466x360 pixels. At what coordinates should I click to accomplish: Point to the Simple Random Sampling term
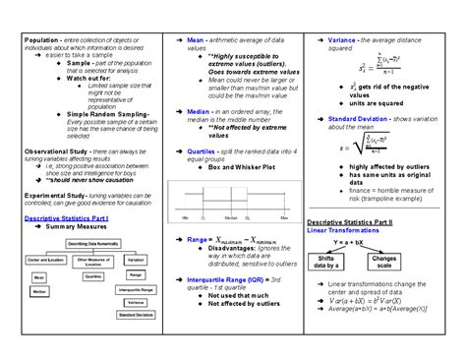click(93, 113)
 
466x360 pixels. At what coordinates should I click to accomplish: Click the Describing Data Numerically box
click(96, 241)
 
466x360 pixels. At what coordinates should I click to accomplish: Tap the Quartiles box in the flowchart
click(93, 276)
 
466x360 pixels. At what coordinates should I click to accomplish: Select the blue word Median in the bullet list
click(199, 112)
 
